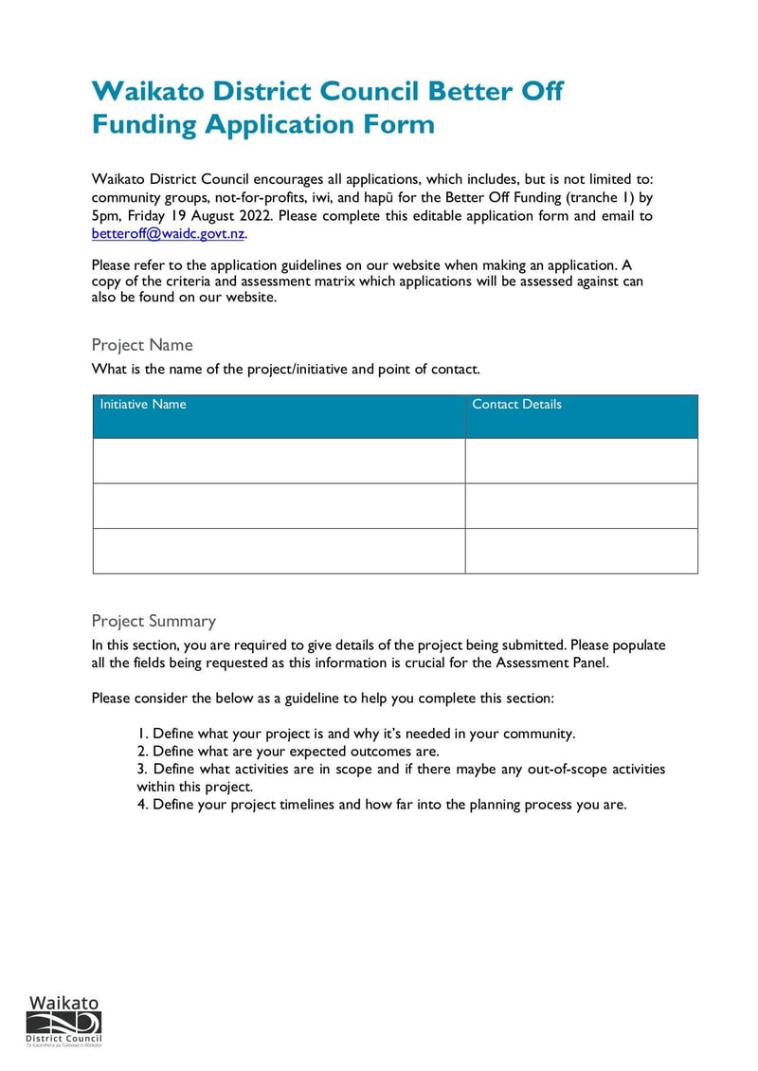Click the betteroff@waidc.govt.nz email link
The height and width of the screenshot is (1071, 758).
(168, 233)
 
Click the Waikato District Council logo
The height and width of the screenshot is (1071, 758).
(63, 1021)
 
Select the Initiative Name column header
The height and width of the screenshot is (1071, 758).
(143, 405)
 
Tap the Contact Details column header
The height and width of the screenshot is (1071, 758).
(516, 405)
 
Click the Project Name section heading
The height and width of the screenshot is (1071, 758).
(142, 345)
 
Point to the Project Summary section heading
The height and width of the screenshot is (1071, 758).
(153, 621)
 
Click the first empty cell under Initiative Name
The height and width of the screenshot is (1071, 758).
(279, 461)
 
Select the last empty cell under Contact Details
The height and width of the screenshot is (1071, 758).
(581, 551)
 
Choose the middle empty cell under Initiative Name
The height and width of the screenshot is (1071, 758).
(279, 506)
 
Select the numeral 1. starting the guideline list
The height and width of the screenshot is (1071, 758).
(143, 734)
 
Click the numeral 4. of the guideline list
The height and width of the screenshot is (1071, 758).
(143, 805)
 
